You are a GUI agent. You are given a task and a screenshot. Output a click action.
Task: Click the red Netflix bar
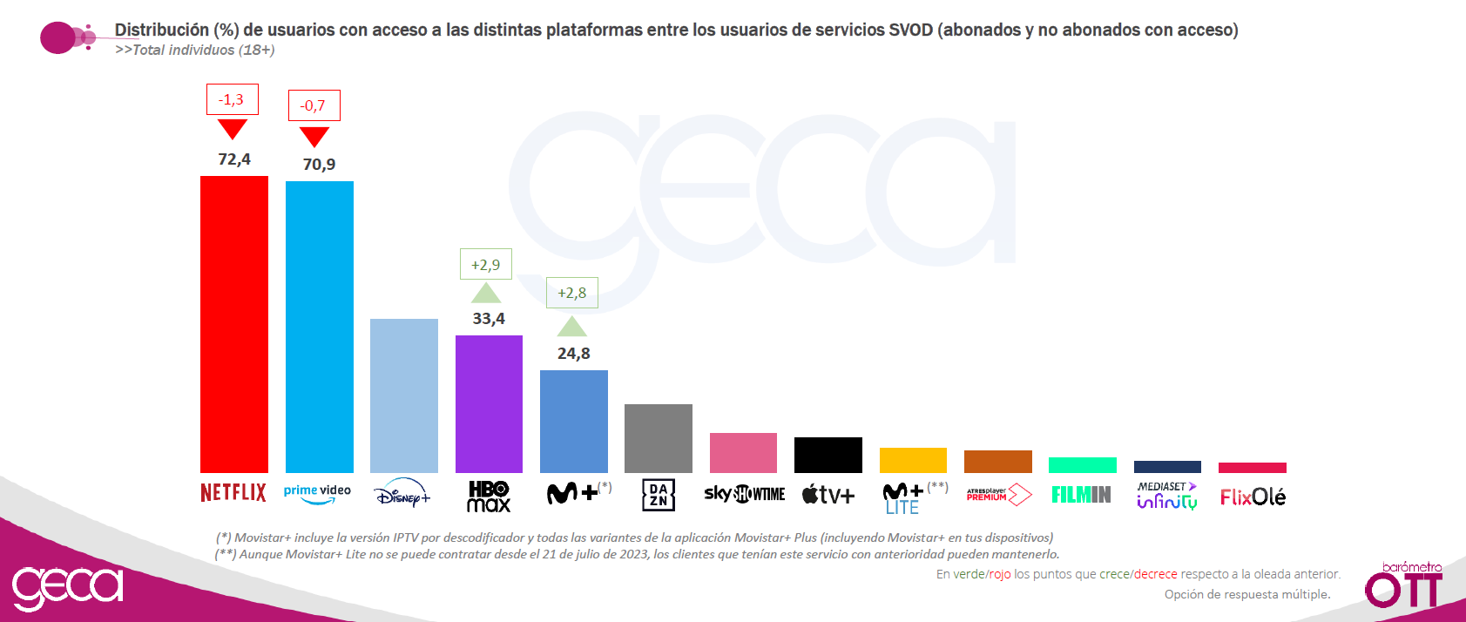233,324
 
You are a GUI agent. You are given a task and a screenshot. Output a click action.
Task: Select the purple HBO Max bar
489,404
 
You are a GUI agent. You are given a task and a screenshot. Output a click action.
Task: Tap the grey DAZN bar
659,438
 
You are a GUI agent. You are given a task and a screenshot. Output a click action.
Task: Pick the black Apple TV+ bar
828,455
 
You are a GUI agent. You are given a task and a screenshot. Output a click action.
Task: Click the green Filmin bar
1083,465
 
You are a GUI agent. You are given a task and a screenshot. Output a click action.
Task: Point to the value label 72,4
234,159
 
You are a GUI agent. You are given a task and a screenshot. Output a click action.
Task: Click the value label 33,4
489,319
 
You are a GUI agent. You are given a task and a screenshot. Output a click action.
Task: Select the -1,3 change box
233,99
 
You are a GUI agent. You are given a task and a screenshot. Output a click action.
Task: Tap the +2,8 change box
572,293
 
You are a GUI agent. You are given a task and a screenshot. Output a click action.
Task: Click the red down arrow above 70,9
314,136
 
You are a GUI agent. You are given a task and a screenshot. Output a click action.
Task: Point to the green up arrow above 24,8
572,327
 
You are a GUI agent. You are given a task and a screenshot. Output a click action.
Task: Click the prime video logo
317,494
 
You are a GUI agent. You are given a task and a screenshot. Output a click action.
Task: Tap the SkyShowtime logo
744,494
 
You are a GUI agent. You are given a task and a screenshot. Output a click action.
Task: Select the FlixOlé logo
1253,497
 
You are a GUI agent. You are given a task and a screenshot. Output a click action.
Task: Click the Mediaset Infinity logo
1167,496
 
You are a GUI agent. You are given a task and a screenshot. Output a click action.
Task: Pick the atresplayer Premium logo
999,494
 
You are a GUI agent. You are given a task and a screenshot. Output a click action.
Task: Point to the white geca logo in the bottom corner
67,586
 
